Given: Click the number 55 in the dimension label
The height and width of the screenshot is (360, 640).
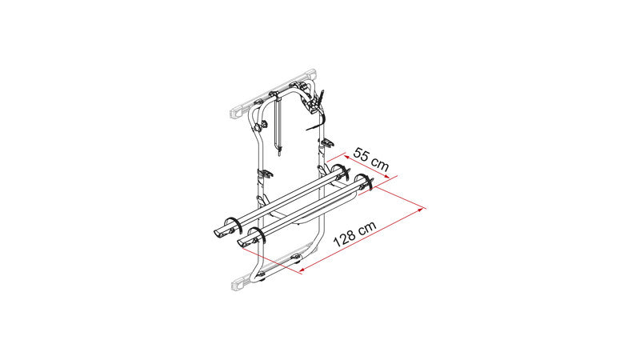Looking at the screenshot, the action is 362,156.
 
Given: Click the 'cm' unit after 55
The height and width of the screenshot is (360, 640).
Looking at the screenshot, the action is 381,165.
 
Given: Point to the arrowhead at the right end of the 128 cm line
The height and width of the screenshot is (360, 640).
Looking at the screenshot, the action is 420,210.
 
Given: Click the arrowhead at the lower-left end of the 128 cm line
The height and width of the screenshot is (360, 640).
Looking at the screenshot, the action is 302,269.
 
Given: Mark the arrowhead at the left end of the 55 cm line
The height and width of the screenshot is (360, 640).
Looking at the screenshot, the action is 346,157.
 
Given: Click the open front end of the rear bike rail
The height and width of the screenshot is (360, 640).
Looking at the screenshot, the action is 218,234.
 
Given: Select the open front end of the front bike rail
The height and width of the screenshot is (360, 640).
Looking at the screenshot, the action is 242,243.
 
